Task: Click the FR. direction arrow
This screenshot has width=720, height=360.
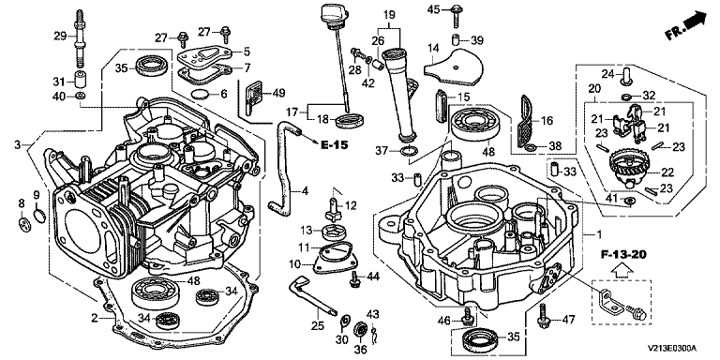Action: [x=685, y=26]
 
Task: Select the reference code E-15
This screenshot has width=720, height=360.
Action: [x=334, y=145]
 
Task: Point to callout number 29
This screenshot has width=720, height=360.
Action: [x=61, y=36]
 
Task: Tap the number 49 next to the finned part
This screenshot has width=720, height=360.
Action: [x=278, y=93]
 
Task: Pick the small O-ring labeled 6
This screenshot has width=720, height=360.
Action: [x=200, y=95]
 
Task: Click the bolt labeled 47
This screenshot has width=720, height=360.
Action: [x=543, y=316]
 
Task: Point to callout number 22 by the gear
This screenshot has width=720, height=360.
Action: [x=668, y=172]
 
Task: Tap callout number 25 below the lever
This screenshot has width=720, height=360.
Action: [x=318, y=326]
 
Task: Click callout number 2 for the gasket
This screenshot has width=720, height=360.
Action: [x=94, y=318]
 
